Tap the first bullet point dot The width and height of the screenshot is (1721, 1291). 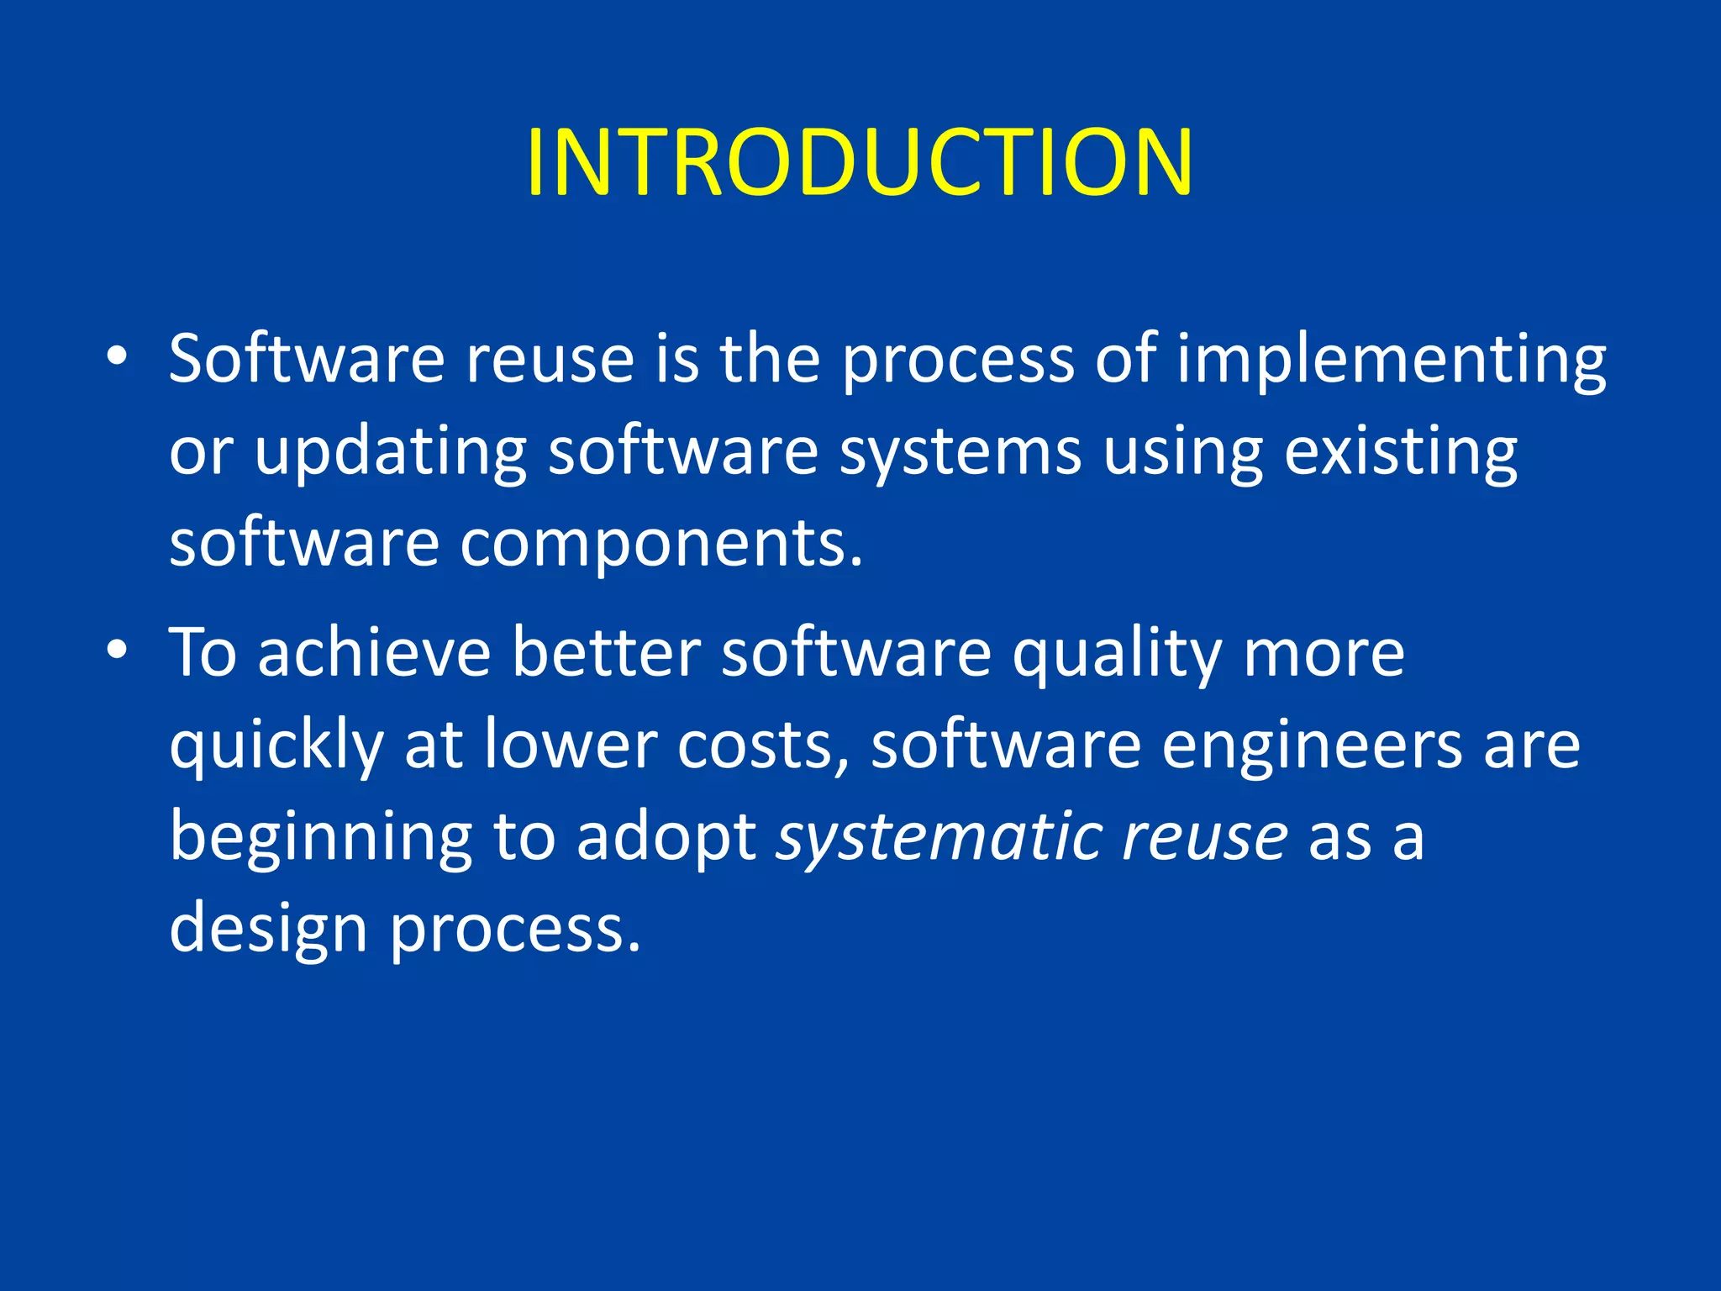(x=117, y=356)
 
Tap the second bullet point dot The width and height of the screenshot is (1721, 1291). (x=117, y=650)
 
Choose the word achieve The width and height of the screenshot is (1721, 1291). (x=374, y=654)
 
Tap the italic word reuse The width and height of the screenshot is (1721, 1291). (x=1203, y=839)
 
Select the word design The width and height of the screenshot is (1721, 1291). (x=268, y=931)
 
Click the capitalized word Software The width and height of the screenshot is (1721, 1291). (x=306, y=360)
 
